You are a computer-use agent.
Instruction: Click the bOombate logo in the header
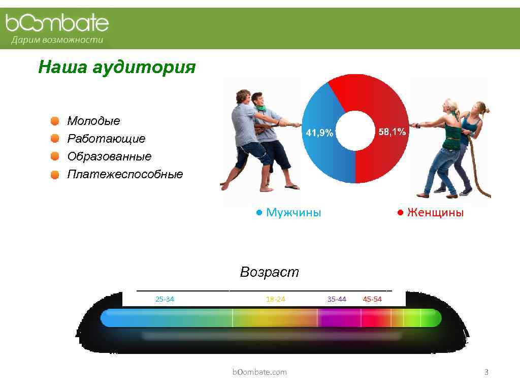(x=57, y=23)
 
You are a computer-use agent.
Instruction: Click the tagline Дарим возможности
(x=57, y=40)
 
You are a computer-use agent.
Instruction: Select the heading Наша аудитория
(x=116, y=67)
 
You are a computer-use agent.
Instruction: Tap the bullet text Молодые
(x=93, y=121)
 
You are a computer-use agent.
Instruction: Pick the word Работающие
(x=106, y=139)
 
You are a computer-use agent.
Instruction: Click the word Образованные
(x=109, y=156)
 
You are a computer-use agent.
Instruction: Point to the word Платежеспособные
(x=125, y=175)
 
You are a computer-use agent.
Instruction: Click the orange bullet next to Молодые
(x=54, y=121)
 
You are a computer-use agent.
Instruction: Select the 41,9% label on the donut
(x=319, y=133)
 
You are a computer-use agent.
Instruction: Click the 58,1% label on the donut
(x=392, y=132)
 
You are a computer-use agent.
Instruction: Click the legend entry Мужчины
(x=293, y=213)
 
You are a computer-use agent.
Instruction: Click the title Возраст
(x=269, y=272)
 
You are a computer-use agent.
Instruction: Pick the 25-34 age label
(x=165, y=299)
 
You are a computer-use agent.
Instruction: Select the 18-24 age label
(x=275, y=299)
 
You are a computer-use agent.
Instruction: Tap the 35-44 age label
(x=337, y=299)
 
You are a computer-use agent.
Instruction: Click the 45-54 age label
(x=372, y=299)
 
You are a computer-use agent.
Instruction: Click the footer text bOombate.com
(x=259, y=372)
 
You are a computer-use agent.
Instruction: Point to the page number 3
(x=486, y=372)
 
